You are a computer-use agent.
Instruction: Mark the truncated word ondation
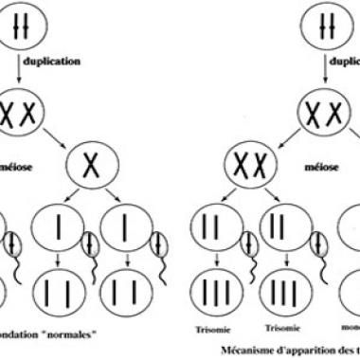[x=23, y=333]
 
